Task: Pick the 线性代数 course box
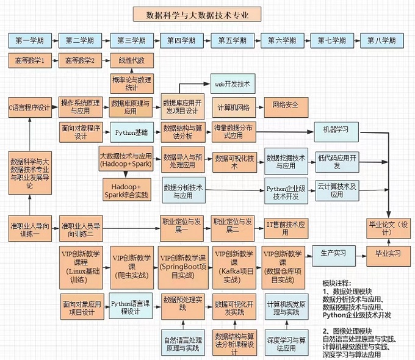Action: point(132,60)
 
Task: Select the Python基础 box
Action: point(132,132)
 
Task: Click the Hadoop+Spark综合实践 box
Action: point(126,189)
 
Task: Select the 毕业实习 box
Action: point(388,252)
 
